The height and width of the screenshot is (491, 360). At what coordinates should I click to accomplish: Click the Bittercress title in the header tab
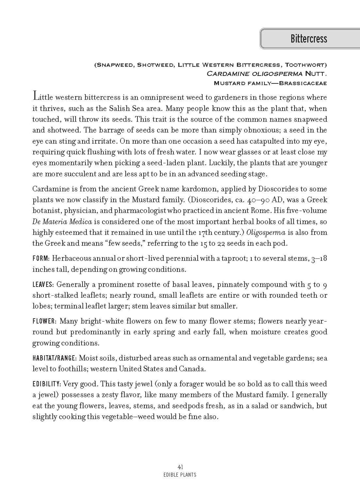pyautogui.click(x=308, y=39)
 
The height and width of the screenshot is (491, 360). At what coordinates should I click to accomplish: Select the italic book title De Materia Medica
pyautogui.click(x=62, y=222)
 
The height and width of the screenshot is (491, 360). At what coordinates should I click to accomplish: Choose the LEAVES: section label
pyautogui.click(x=43, y=284)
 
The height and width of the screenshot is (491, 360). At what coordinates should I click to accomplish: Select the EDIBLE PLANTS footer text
pyautogui.click(x=180, y=475)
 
